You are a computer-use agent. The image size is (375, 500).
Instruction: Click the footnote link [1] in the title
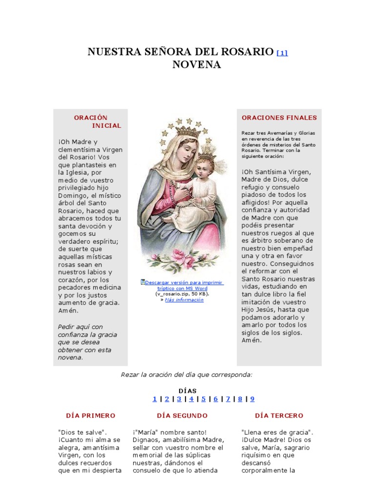pos(282,53)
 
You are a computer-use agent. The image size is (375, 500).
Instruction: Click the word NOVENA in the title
pos(197,65)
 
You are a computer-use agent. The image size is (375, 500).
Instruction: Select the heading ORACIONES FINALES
pos(279,118)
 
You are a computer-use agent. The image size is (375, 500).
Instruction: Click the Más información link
pos(184,300)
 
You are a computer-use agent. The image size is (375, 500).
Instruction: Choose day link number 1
pos(155,399)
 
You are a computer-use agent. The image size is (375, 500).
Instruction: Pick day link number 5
pos(204,399)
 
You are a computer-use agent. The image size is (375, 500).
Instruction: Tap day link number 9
pos(252,399)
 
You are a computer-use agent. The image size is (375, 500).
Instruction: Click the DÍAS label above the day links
pos(187,391)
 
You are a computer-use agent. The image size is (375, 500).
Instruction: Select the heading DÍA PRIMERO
pos(91,416)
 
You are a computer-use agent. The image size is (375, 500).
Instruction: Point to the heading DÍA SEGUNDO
pos(182,416)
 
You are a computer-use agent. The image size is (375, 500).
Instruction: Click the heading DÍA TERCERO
pos(279,416)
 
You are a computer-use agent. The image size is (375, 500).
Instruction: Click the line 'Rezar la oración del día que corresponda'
pos(187,375)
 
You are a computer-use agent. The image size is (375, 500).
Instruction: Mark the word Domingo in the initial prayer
pos(72,195)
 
